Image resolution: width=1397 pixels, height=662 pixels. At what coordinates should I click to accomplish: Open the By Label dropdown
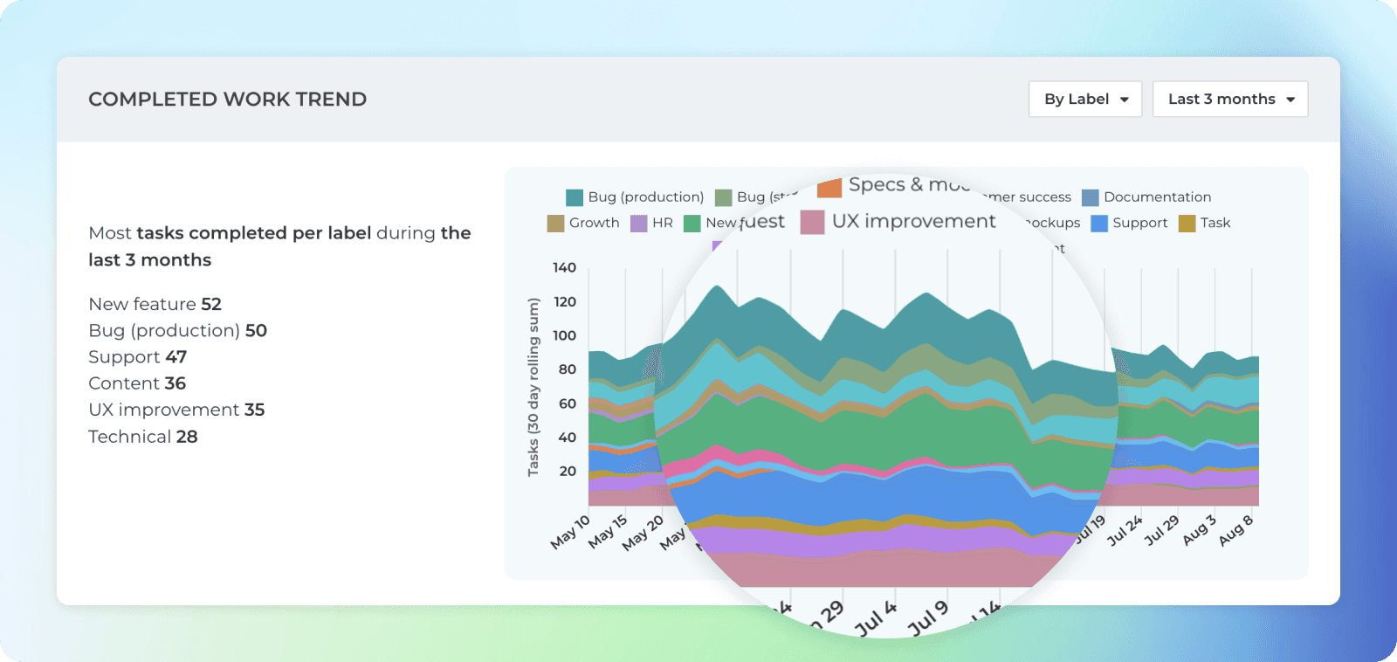[1085, 100]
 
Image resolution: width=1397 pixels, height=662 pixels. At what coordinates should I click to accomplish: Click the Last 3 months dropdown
[1230, 100]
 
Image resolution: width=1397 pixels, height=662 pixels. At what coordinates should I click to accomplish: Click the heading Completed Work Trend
[227, 100]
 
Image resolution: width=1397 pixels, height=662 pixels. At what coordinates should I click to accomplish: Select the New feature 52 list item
[155, 304]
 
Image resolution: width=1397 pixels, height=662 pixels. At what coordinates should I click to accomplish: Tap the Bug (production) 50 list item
[177, 330]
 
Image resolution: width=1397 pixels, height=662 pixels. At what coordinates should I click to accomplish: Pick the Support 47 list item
[137, 357]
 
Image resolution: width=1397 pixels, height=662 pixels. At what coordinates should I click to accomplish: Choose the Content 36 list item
[137, 383]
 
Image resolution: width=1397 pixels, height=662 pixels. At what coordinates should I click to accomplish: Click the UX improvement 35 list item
[176, 410]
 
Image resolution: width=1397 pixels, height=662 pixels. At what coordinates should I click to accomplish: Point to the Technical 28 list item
[143, 437]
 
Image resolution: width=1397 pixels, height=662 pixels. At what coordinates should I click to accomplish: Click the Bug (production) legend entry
[635, 197]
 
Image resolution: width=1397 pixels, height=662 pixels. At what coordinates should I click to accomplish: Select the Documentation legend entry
[1146, 197]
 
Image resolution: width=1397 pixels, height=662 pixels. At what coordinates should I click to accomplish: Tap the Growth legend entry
[583, 223]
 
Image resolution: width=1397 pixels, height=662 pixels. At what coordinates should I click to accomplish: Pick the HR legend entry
[651, 223]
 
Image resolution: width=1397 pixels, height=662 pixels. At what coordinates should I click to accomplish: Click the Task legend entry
[1205, 223]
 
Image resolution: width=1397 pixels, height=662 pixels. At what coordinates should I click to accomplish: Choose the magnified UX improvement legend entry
[899, 222]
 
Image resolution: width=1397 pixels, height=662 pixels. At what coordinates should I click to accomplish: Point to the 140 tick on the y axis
[564, 267]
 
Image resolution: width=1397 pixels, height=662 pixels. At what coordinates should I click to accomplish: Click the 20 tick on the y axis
[568, 471]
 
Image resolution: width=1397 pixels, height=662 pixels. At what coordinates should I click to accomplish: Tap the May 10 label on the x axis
[570, 532]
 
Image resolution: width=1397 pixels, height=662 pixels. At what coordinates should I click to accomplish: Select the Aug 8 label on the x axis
[1236, 530]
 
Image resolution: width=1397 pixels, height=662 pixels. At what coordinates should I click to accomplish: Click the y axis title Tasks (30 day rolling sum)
[533, 387]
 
